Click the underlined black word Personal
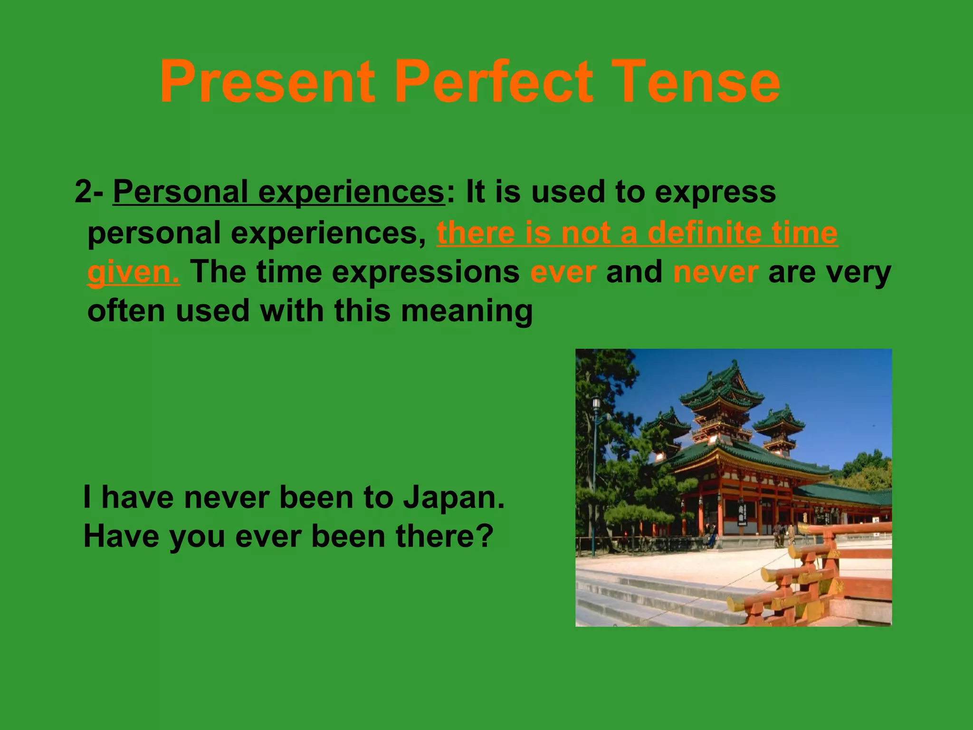tap(181, 192)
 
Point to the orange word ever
tap(563, 272)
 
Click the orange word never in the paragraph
tap(715, 272)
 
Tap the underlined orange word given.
tap(133, 272)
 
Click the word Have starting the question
tap(121, 536)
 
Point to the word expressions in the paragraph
tap(425, 272)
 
